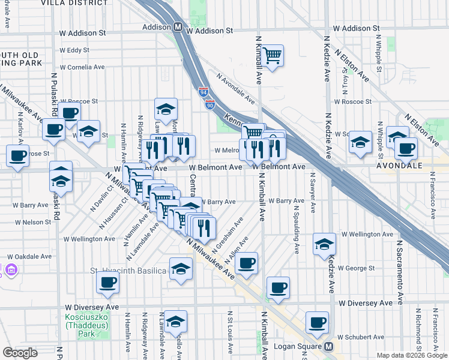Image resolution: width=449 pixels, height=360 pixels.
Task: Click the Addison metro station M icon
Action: pos(178,28)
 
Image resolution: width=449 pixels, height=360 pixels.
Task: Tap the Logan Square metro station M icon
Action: pos(328,347)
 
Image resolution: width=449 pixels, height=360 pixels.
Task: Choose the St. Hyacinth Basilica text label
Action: pos(128,271)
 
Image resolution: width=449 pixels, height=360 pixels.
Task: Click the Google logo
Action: pos(20,353)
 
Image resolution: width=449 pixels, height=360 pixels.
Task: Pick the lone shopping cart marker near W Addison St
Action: pos(273,56)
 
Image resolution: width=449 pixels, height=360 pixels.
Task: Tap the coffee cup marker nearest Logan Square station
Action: pos(318,322)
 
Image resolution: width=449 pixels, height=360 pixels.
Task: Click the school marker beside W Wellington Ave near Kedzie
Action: pos(324,243)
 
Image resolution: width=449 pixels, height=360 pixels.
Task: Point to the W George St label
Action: pos(356,268)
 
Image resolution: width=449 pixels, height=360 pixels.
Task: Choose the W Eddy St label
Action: pos(74,50)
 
